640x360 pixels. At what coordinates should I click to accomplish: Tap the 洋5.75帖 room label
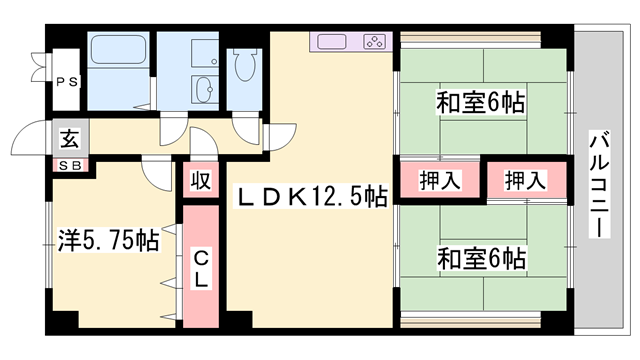tap(105, 241)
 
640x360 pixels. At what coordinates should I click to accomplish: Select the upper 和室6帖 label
tap(481, 102)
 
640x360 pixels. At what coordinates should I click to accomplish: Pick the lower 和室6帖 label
tap(481, 258)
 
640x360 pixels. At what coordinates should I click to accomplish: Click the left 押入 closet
tap(439, 181)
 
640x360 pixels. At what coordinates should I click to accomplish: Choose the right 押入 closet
tap(525, 181)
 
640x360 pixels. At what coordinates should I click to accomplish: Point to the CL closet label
tap(200, 267)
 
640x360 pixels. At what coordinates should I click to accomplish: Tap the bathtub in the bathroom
tap(119, 50)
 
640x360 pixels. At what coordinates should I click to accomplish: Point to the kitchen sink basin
tap(334, 43)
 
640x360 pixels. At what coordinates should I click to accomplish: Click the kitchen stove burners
tap(374, 43)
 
